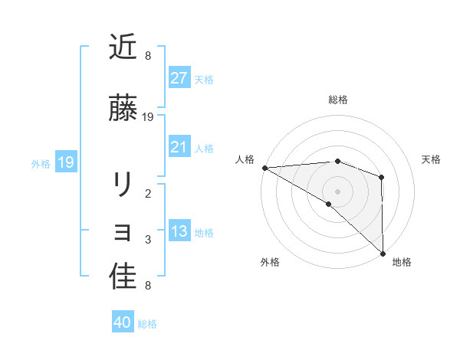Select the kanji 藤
123,109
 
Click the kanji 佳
123,277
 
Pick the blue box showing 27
179,78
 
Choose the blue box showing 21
179,147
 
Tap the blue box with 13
179,231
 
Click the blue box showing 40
123,323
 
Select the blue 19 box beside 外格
65,162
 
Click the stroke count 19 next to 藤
148,117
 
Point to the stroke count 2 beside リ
148,194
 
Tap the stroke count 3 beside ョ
148,240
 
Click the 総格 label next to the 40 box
148,324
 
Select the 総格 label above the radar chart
337,100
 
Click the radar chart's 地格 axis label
402,262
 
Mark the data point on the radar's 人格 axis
264,168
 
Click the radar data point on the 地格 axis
382,252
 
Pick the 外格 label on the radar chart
270,262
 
